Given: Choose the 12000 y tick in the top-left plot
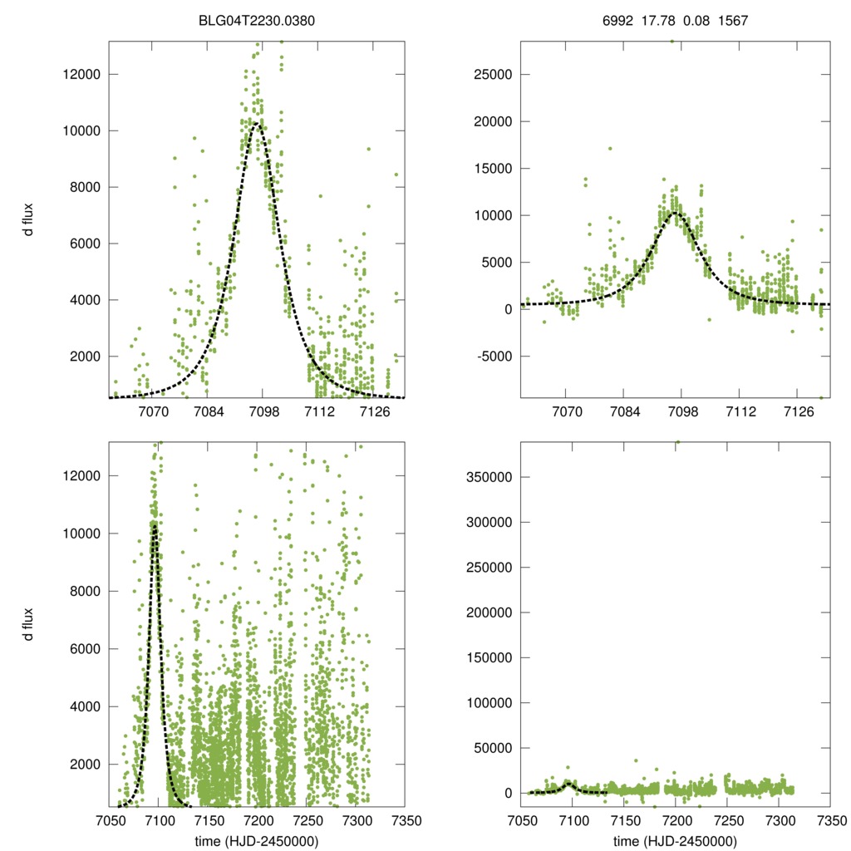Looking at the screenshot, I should click(81, 74).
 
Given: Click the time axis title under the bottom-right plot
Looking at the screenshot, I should click(674, 840).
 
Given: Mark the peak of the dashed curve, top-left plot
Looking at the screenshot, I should click(257, 124).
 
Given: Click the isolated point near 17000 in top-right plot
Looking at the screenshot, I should click(609, 149).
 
